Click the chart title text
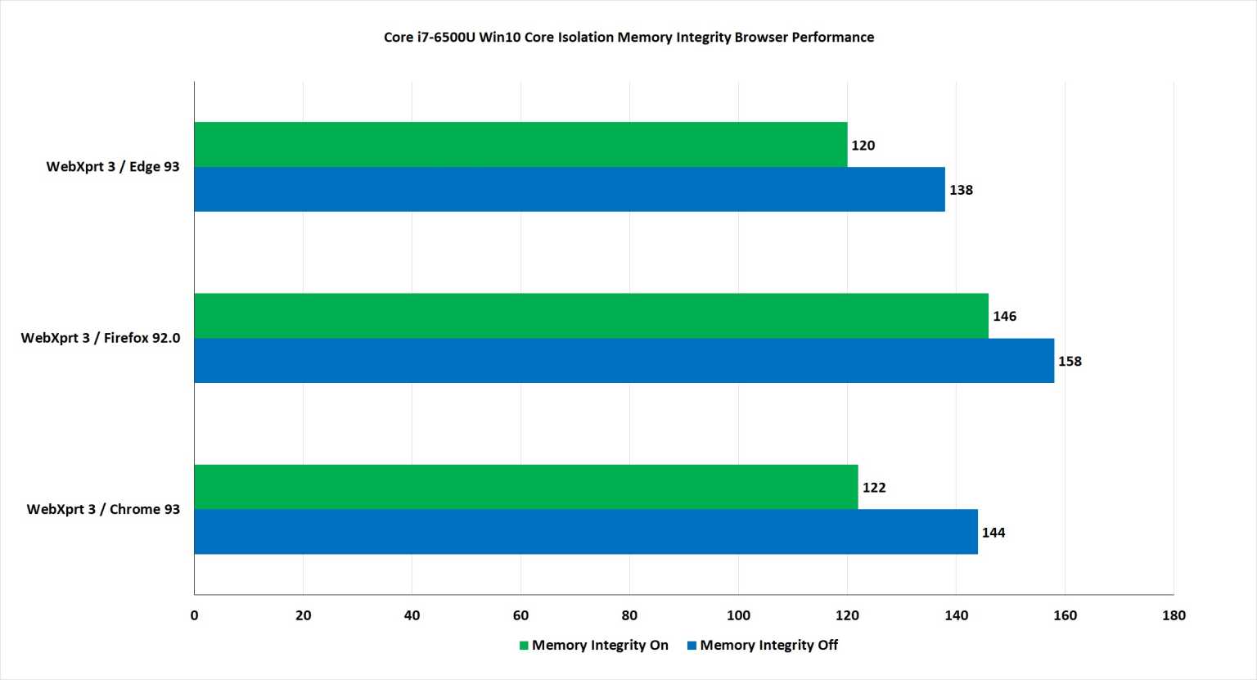628,37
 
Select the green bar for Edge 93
520,144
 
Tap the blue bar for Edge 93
570,189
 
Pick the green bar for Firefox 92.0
591,316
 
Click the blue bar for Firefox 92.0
624,360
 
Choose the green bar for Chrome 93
525,487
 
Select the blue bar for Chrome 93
586,532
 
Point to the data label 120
863,146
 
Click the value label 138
961,190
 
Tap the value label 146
1004,317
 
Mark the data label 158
1070,361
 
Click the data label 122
873,488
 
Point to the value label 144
993,533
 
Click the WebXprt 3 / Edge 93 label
113,167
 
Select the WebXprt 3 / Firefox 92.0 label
101,338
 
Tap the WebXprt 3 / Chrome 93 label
103,509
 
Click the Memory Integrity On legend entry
594,645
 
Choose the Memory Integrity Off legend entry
763,645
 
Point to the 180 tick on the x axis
1173,615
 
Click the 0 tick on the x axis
194,615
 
